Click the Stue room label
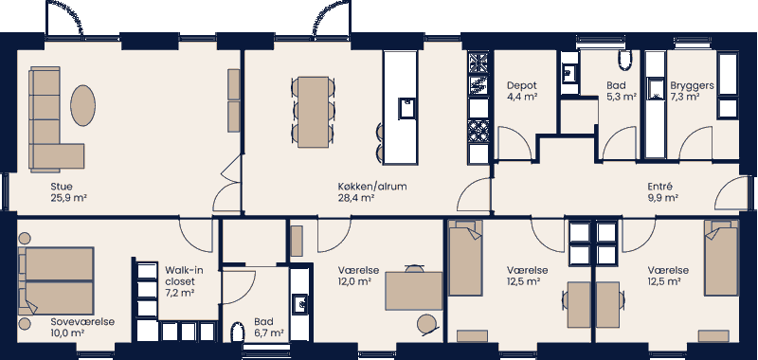pyautogui.click(x=62, y=187)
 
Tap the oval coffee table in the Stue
pyautogui.click(x=83, y=103)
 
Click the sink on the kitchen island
pyautogui.click(x=406, y=107)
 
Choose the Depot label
pyautogui.click(x=522, y=84)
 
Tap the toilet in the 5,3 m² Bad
pyautogui.click(x=623, y=62)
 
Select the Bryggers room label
pyautogui.click(x=691, y=84)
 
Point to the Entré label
pyautogui.click(x=662, y=187)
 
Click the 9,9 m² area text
pyautogui.click(x=662, y=198)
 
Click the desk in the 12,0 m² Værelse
pyautogui.click(x=413, y=290)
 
